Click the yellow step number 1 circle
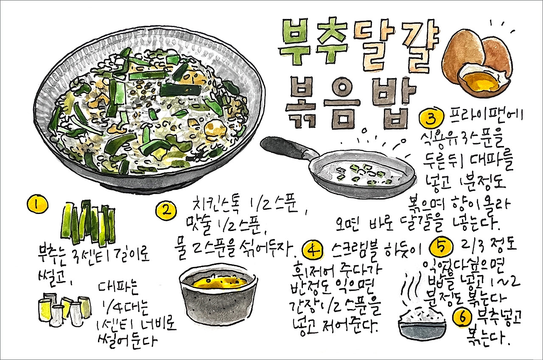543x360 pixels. [x=37, y=204]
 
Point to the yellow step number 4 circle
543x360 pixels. [x=313, y=250]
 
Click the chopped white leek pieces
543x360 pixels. [x=64, y=308]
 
